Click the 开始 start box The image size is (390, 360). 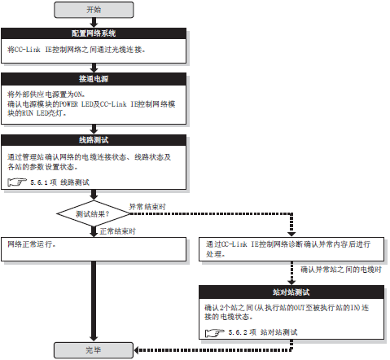(94, 10)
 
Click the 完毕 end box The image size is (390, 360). (94, 350)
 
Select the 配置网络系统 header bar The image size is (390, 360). (94, 33)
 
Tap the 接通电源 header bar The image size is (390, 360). (94, 79)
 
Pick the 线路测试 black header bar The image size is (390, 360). (94, 140)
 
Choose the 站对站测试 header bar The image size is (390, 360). (291, 292)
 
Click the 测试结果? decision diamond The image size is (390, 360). (94, 214)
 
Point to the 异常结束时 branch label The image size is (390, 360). (147, 207)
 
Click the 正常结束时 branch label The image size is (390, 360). (117, 231)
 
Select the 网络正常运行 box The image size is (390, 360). (94, 249)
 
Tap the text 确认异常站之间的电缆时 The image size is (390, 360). (341, 270)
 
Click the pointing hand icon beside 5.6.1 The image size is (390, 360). (17, 182)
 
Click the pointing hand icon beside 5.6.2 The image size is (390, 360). (215, 332)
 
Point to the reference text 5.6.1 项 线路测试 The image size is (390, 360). (59, 182)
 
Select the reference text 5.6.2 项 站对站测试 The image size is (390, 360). (263, 332)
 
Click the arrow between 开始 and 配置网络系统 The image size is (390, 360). (94, 23)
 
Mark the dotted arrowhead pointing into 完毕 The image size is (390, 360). (137, 350)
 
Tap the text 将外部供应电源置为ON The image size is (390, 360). (46, 94)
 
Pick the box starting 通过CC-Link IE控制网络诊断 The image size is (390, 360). (291, 249)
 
